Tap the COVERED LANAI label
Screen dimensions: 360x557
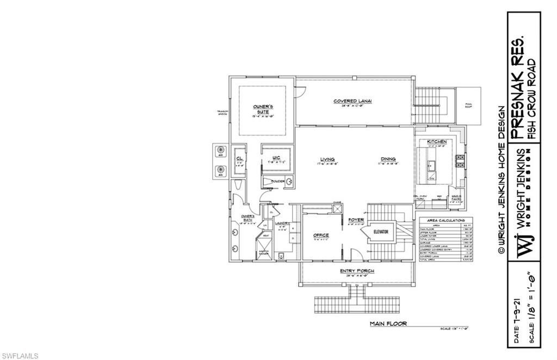356,102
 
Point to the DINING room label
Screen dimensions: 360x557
388,159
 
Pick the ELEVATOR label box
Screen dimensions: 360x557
380,232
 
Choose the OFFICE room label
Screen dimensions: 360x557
321,235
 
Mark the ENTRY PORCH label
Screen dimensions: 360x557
357,271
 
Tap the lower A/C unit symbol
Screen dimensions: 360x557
221,170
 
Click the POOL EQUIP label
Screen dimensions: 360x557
468,106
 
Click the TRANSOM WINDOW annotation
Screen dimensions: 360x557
221,113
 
